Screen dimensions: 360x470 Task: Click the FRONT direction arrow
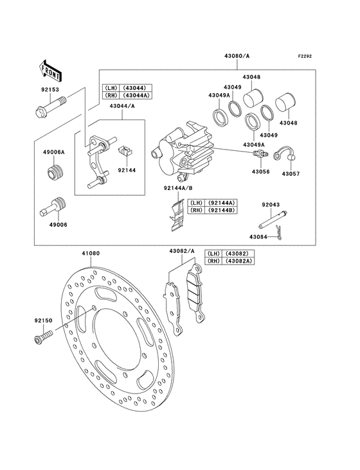coord(50,71)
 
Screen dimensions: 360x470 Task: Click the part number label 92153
coord(50,90)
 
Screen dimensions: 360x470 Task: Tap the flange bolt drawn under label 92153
coord(50,107)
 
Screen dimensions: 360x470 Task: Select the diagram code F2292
coord(305,56)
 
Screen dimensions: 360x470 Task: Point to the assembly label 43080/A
coord(237,56)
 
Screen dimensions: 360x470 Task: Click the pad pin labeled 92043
coord(273,220)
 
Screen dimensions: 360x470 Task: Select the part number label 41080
coord(91,253)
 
